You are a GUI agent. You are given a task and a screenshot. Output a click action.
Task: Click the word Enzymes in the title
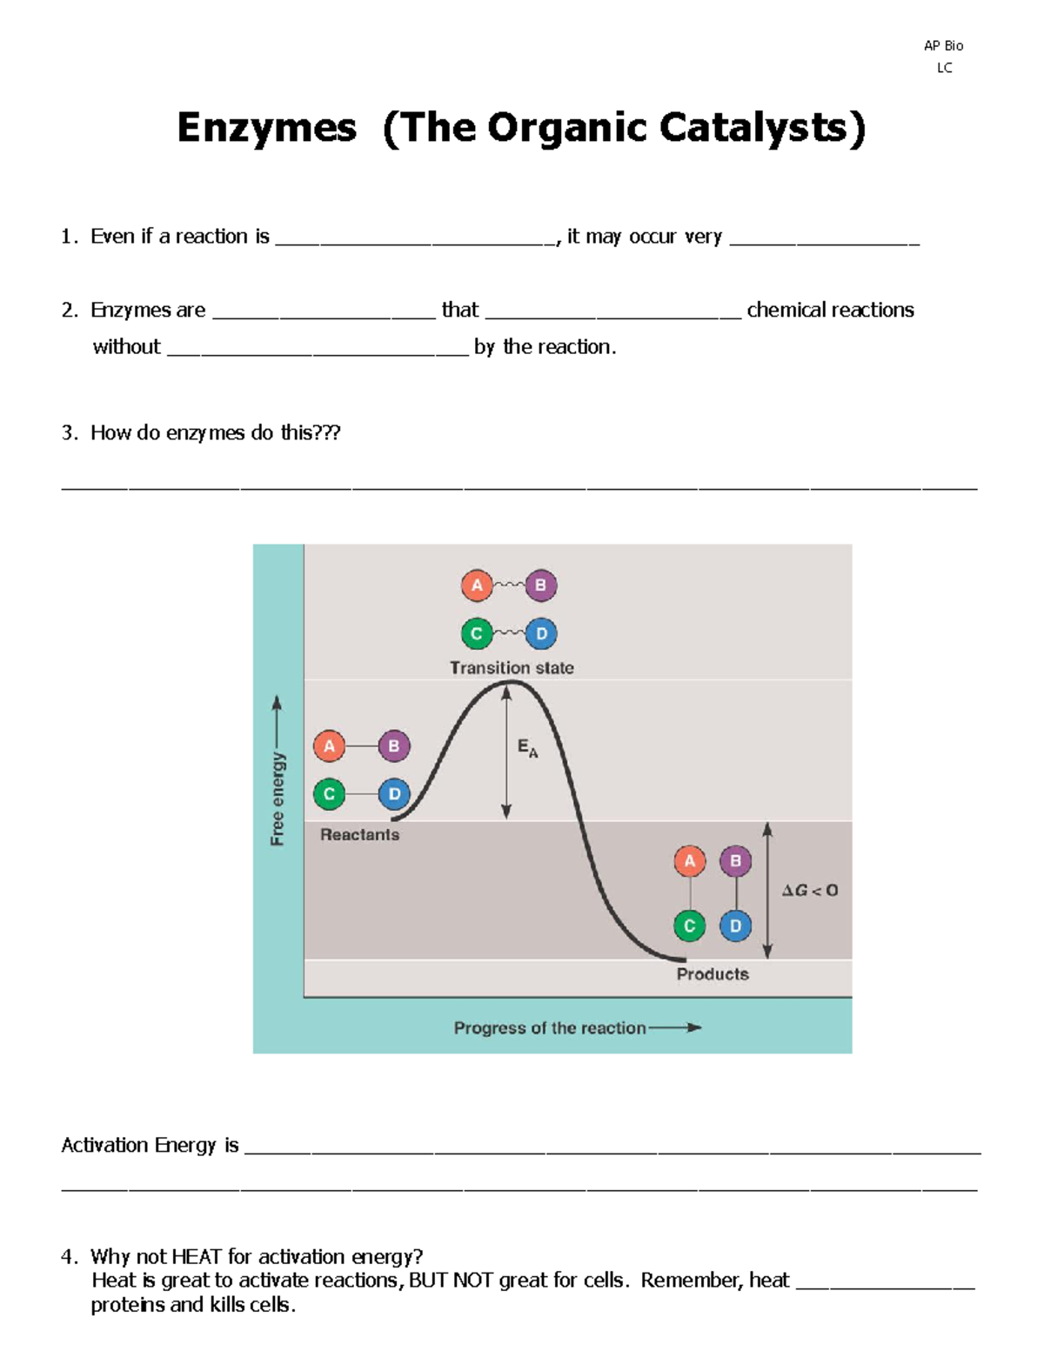click(266, 128)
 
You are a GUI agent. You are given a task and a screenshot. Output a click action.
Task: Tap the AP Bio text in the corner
click(943, 46)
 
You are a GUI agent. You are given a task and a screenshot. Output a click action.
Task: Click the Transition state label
click(512, 668)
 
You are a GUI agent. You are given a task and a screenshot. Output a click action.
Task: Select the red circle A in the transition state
click(477, 585)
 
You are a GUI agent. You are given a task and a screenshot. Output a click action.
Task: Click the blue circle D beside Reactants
click(394, 793)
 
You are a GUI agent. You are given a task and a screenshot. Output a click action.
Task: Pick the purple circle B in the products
click(735, 861)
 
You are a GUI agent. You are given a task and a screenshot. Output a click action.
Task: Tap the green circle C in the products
click(689, 926)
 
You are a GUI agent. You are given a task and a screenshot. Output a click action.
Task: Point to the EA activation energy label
click(527, 748)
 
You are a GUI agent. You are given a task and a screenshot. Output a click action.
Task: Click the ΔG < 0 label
click(809, 890)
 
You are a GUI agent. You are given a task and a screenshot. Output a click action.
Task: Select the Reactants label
click(359, 835)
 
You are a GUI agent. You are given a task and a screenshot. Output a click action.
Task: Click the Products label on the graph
click(713, 974)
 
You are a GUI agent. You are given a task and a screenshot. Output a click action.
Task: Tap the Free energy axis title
click(278, 798)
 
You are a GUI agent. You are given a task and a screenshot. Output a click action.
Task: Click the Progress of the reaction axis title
click(550, 1028)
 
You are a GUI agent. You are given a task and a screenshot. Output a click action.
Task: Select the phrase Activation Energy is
click(150, 1146)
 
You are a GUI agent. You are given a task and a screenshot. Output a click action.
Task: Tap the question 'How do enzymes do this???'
click(215, 433)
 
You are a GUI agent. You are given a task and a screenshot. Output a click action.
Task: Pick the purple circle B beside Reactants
click(394, 746)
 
